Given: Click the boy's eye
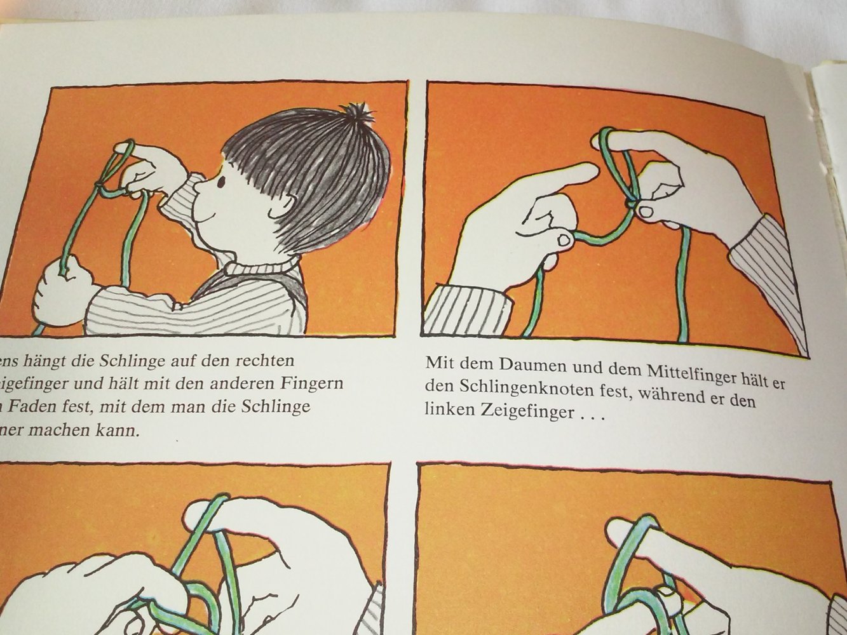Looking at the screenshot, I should pyautogui.click(x=221, y=184).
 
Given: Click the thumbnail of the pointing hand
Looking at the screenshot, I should pyautogui.click(x=563, y=240).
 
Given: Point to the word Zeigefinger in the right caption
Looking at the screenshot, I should pyautogui.click(x=517, y=411).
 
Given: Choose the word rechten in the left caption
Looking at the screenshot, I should pyautogui.click(x=262, y=361).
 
